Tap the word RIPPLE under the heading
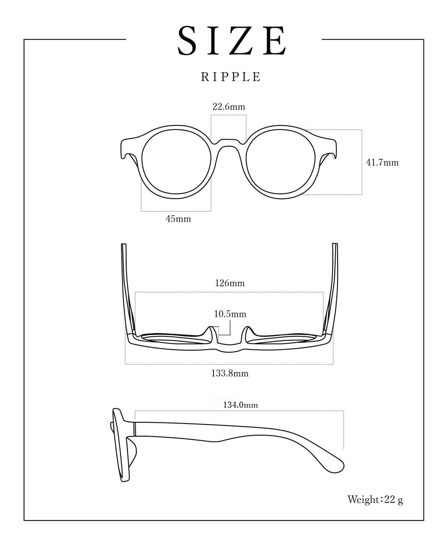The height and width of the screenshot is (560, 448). click(x=231, y=77)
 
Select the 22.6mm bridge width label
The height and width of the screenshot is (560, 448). click(x=229, y=107)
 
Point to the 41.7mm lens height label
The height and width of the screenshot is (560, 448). click(x=382, y=163)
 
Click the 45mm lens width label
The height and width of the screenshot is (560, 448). click(x=178, y=219)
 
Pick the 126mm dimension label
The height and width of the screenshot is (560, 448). click(x=230, y=283)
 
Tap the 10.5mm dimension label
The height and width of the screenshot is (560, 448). click(x=230, y=314)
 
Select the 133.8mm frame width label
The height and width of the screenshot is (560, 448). click(x=230, y=374)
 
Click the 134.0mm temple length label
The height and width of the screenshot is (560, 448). click(x=241, y=405)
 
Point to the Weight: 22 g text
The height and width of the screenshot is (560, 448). click(x=375, y=499)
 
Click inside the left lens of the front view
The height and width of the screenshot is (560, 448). click(x=176, y=162)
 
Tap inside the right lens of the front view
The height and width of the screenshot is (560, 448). click(x=281, y=162)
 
